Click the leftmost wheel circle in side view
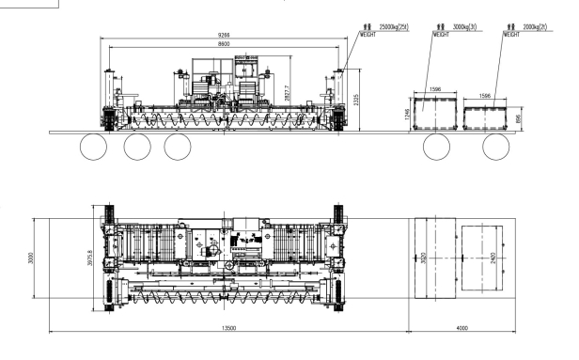(94, 147)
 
